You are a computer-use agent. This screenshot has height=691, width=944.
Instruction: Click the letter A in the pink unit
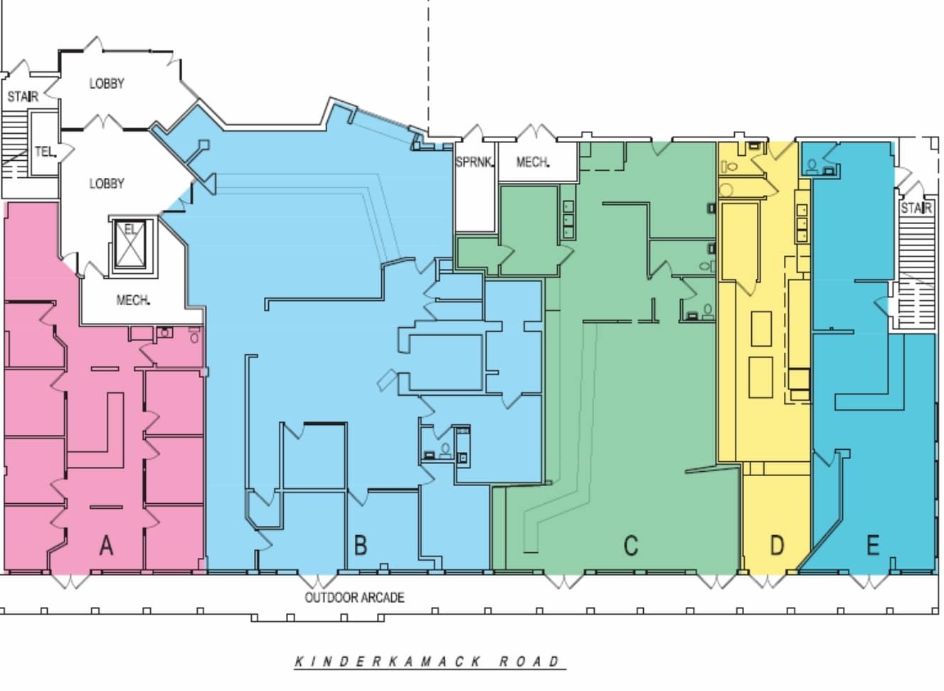tap(106, 546)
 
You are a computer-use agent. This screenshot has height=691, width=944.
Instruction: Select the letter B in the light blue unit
tap(361, 546)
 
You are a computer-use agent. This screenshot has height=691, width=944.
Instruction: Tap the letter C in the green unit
tap(630, 546)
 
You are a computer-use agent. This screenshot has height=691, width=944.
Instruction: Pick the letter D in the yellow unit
tap(777, 546)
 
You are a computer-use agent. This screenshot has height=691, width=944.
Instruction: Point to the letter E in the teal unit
tap(872, 546)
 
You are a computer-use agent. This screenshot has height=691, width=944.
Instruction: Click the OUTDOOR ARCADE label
tap(354, 598)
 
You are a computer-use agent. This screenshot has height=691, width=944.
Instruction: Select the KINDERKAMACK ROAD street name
tap(429, 662)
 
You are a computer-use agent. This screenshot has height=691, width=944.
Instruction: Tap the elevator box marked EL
tap(131, 245)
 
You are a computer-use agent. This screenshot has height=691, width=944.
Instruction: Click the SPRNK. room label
tap(474, 162)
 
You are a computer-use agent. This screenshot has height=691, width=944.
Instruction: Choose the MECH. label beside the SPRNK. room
tap(532, 162)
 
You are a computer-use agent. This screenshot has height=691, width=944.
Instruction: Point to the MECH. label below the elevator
tap(133, 300)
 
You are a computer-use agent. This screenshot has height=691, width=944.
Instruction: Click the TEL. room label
tap(44, 152)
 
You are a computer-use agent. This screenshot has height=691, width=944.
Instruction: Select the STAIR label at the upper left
tap(23, 96)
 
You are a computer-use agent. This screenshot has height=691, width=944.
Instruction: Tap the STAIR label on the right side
tap(916, 208)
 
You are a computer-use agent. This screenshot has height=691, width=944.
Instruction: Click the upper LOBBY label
tap(107, 83)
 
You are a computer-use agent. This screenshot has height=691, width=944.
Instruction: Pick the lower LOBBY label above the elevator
tap(107, 184)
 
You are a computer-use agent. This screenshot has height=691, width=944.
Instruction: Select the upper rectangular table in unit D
tap(760, 328)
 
